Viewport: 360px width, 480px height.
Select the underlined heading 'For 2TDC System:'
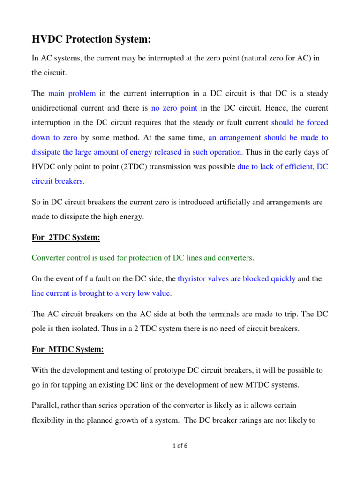66,238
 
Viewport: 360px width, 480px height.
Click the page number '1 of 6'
180,446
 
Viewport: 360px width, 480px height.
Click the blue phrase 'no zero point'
174,108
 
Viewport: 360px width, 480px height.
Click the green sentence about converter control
142,257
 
